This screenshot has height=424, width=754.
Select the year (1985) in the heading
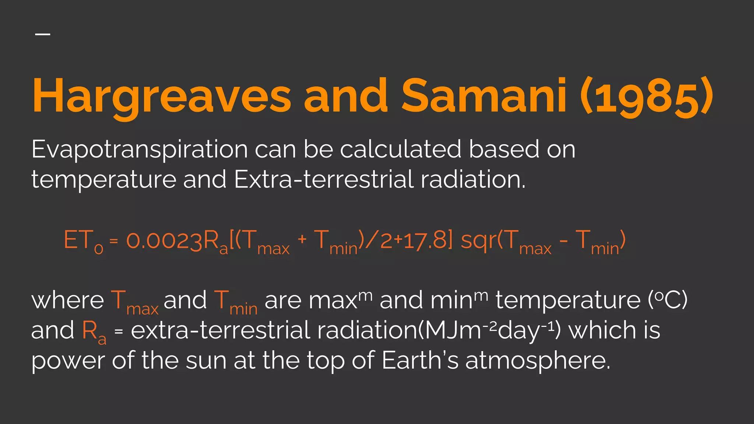646,97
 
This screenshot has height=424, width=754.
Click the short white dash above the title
43,34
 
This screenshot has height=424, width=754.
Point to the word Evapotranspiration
139,150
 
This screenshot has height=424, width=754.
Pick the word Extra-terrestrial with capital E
323,180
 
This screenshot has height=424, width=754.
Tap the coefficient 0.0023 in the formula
164,240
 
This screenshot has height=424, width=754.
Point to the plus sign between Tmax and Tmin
302,239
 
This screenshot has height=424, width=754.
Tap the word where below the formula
68,300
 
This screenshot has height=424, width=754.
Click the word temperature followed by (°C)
568,300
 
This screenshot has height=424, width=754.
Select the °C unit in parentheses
667,300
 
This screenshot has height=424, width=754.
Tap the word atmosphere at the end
538,361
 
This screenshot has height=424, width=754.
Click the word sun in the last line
206,361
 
